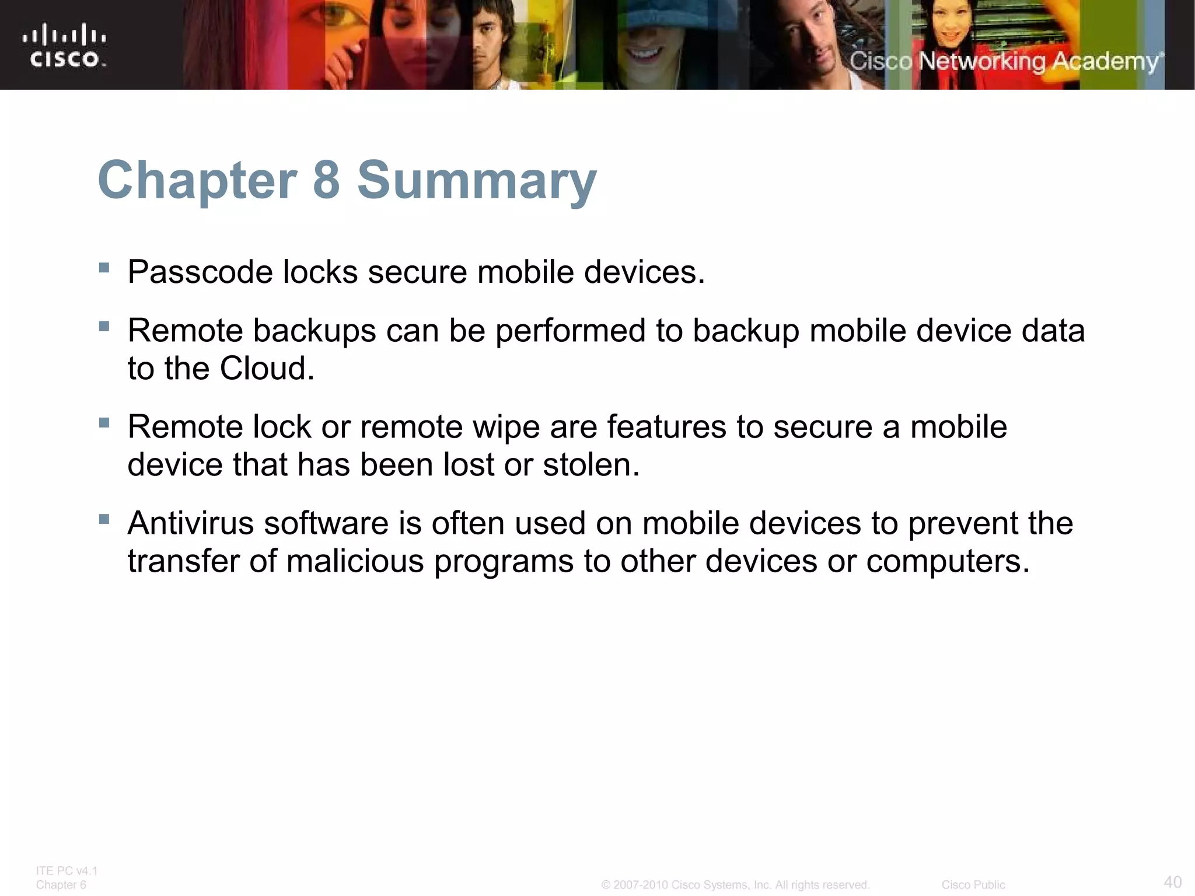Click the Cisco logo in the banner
pos(65,45)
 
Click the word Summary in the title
pos(477,181)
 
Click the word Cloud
pos(267,369)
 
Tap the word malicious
pos(355,561)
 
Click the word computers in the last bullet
pos(948,561)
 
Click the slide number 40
pos(1172,881)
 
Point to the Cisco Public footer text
pos(973,885)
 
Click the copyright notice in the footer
pos(735,885)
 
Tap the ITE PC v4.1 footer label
pos(67,871)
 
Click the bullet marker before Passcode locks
pos(104,268)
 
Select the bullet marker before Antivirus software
pos(104,519)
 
